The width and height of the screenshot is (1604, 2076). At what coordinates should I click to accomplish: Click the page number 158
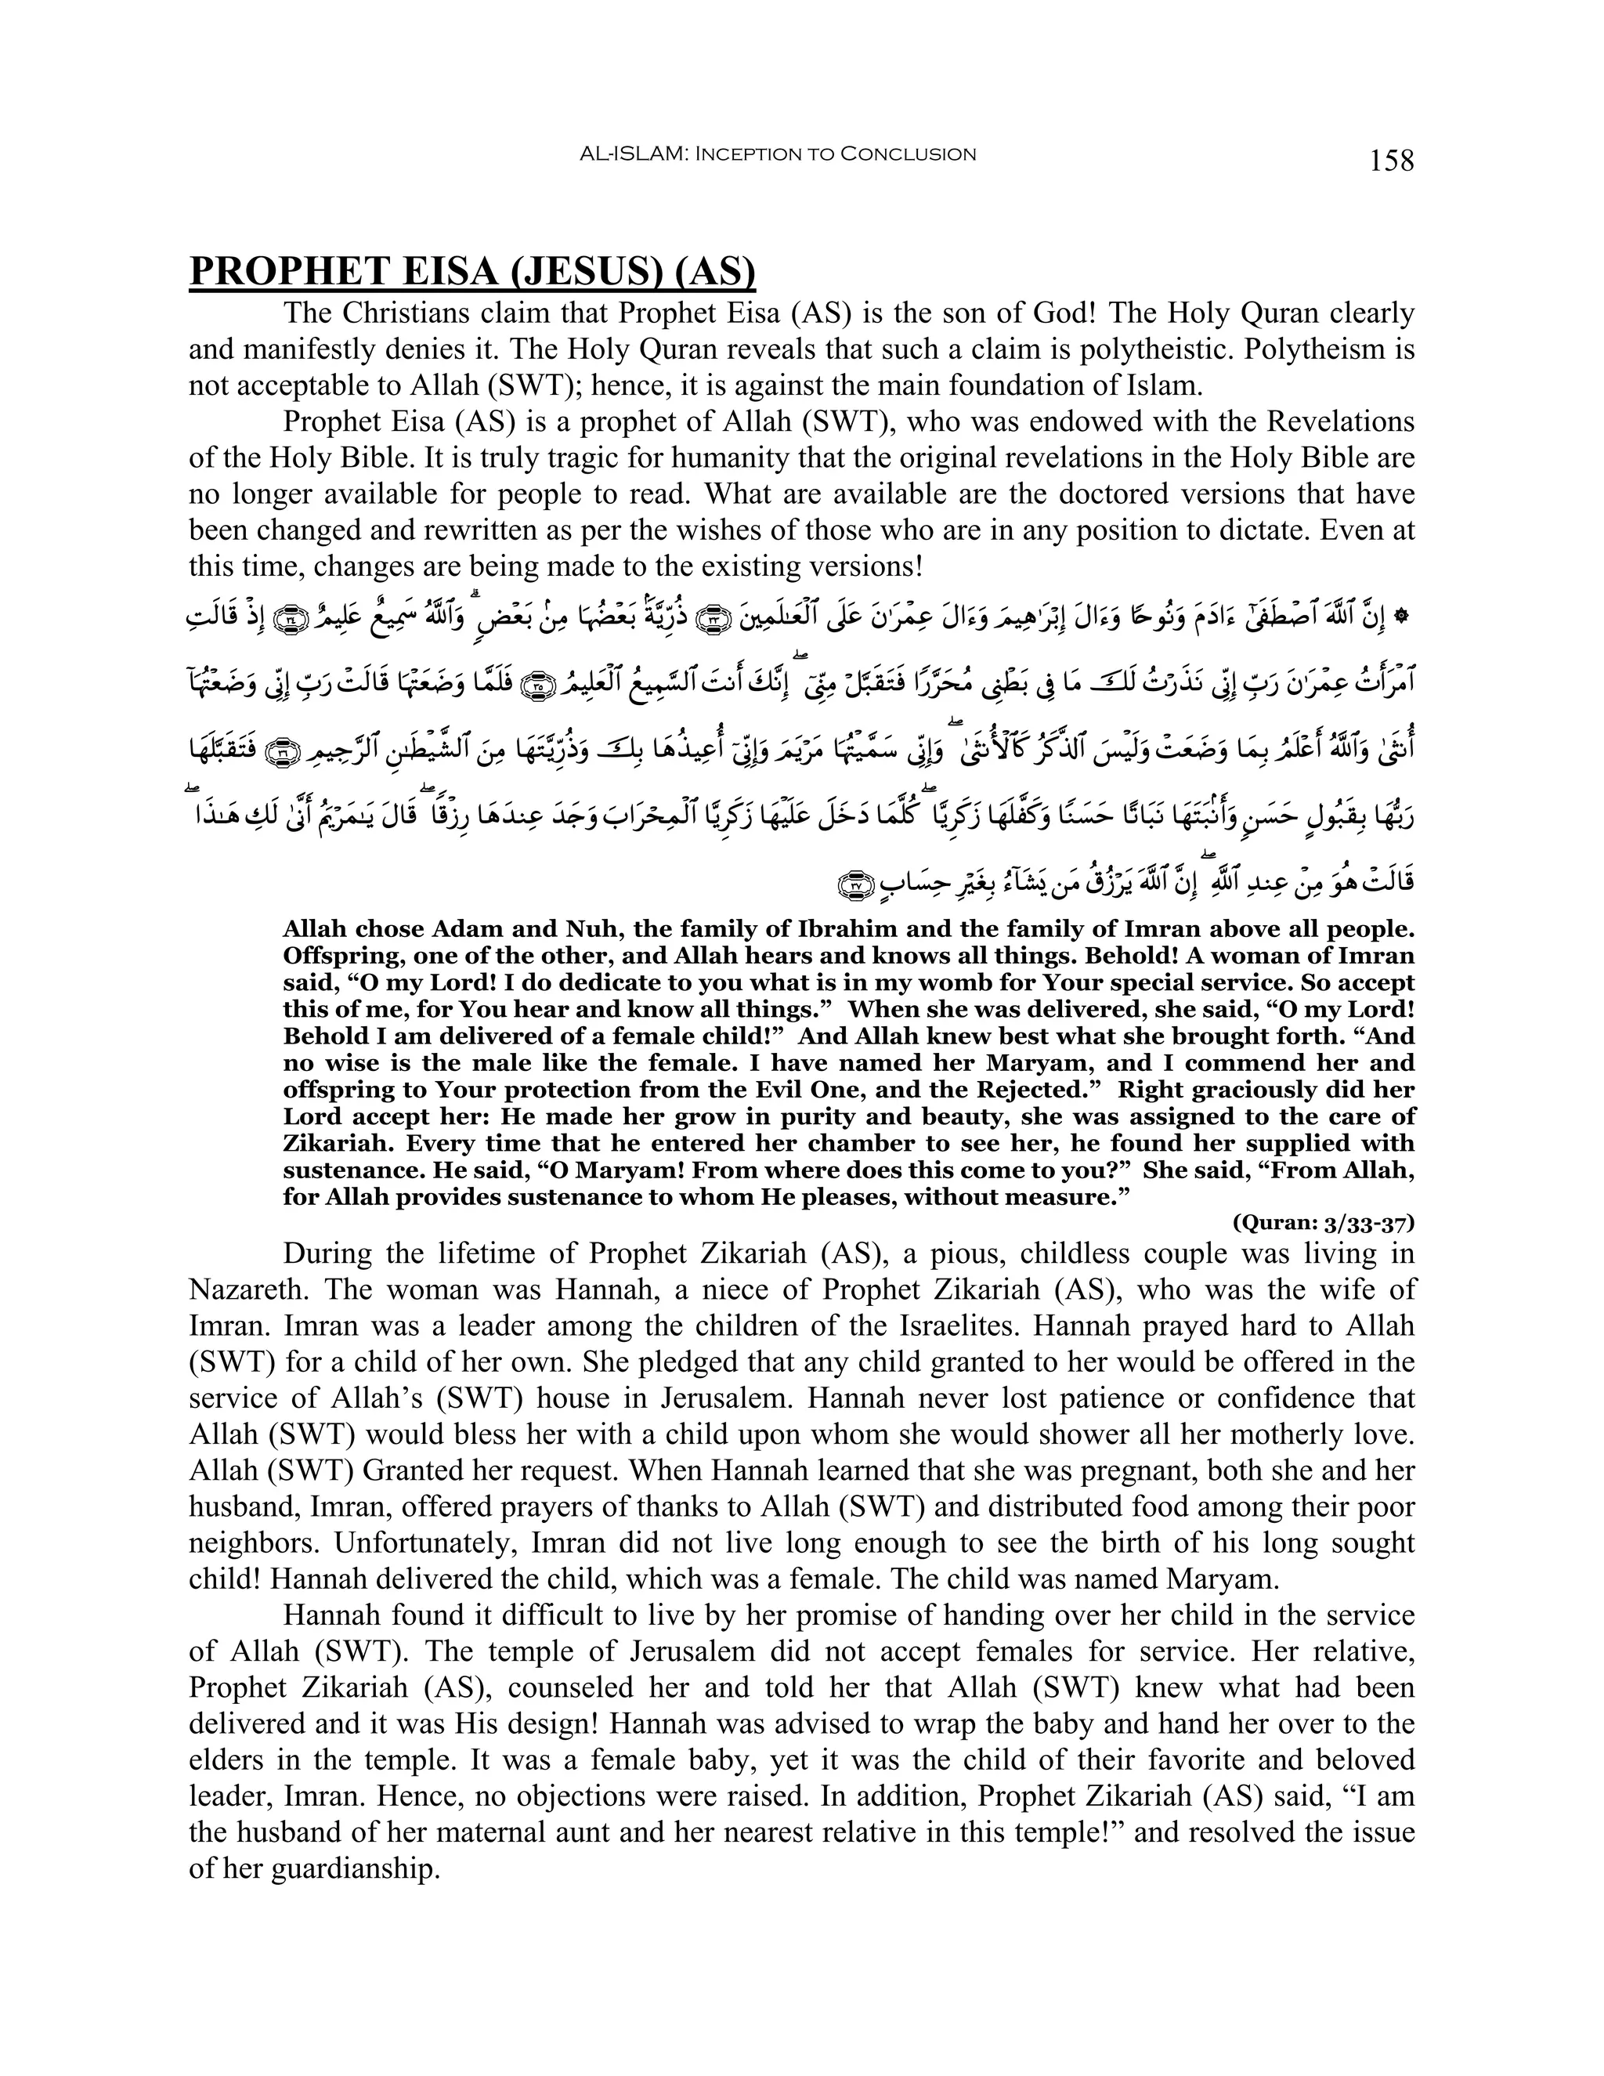[1391, 161]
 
